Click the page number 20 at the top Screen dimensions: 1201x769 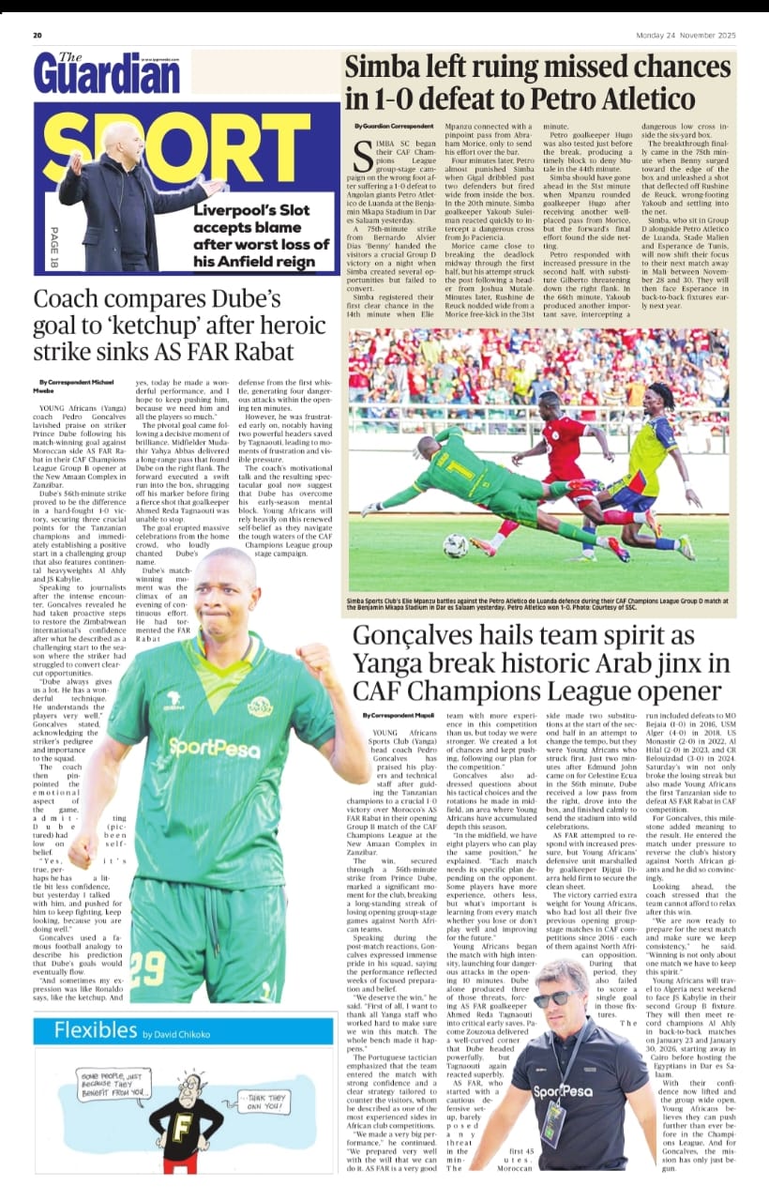[x=38, y=36]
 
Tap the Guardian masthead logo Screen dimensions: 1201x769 [x=106, y=72]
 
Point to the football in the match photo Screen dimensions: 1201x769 [x=456, y=545]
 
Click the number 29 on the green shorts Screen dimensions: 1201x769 [x=148, y=964]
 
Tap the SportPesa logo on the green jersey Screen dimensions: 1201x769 [x=214, y=748]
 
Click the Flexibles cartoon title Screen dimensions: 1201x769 [x=95, y=1030]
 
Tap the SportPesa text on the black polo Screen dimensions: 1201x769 [x=563, y=1091]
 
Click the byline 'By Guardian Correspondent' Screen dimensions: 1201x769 [x=394, y=126]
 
